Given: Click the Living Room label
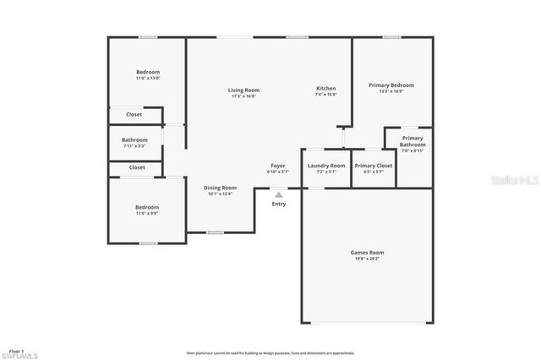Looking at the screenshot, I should click(243, 90).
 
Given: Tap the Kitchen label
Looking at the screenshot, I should click(326, 89).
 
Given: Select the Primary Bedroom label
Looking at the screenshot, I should click(391, 85).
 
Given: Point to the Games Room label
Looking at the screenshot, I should click(367, 253).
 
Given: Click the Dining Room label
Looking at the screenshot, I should click(220, 188).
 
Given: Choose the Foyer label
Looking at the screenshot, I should click(278, 166).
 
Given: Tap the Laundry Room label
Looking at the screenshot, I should click(326, 166).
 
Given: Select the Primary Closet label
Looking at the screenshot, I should click(373, 166).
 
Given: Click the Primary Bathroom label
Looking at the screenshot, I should click(413, 141).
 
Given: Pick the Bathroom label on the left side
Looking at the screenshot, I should click(134, 139).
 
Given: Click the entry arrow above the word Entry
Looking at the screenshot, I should click(279, 194).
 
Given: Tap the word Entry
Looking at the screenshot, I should click(279, 204).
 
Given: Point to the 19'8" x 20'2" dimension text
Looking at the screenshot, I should click(367, 259).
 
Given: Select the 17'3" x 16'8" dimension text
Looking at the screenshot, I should click(243, 95).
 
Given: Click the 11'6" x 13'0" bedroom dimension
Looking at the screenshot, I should click(148, 79).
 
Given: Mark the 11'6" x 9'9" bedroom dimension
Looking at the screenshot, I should click(147, 213).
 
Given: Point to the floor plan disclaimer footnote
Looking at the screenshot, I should click(270, 353).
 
